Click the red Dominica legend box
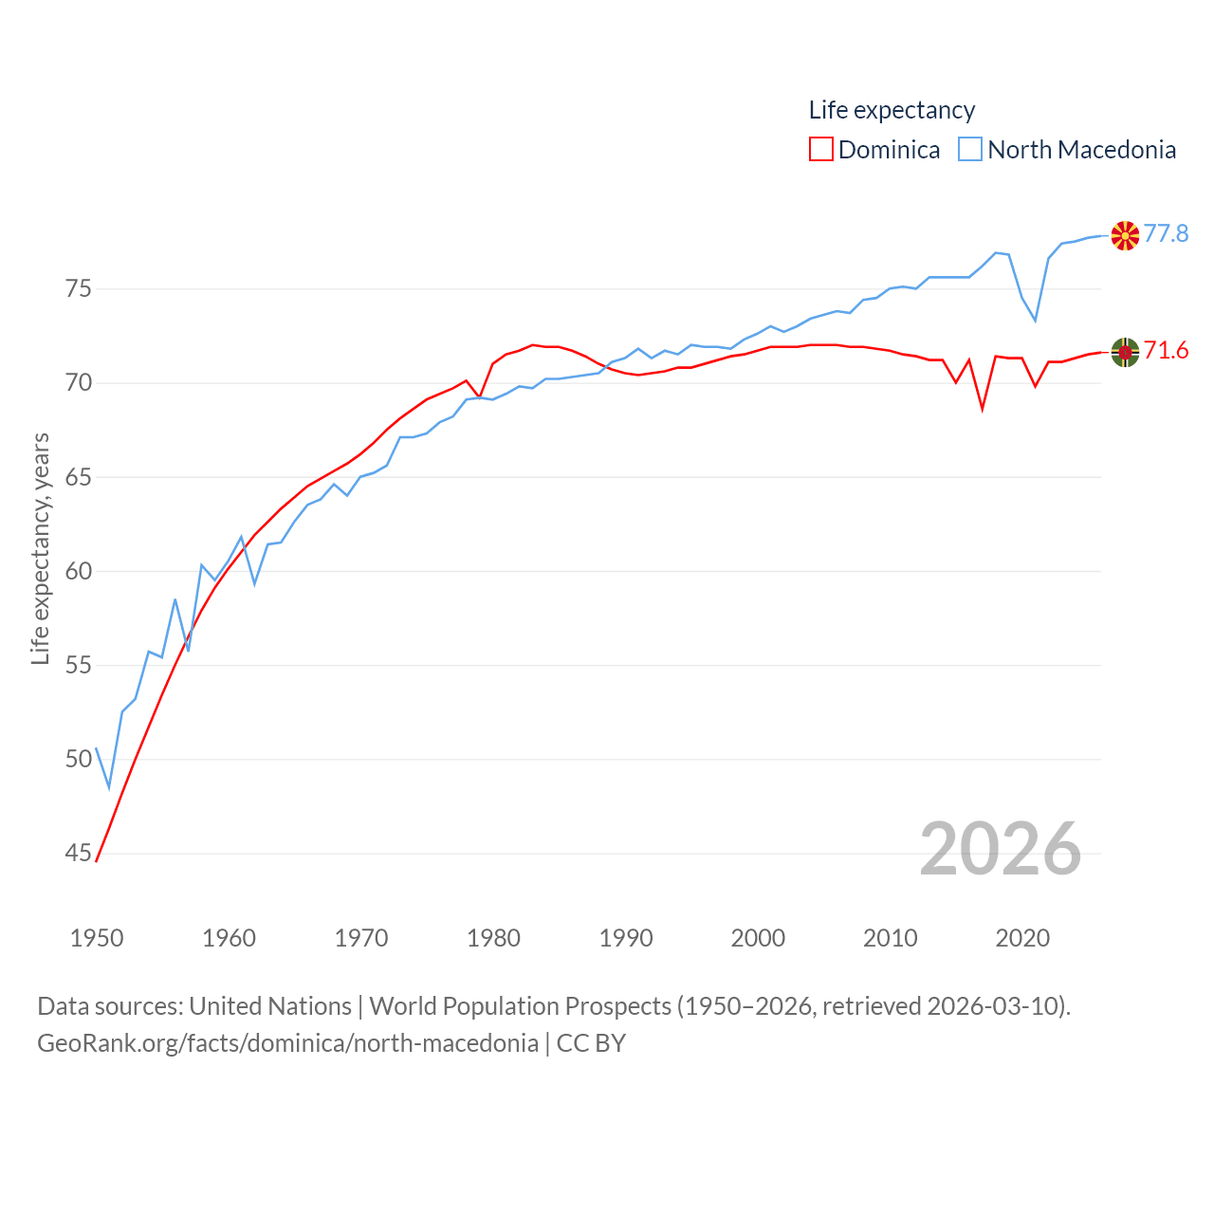pos(820,150)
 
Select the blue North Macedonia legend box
pos(969,150)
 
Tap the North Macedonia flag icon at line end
pos(1125,235)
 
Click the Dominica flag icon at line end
pos(1125,352)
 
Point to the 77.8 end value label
pos(1166,233)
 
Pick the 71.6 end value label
pos(1166,351)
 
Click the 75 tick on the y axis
pos(79,288)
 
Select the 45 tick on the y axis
pos(79,854)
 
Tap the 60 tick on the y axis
pos(79,571)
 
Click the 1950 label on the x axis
pos(97,939)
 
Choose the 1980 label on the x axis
pos(493,939)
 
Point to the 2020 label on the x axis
pos(1022,939)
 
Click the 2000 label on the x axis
pos(758,939)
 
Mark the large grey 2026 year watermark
pos(1000,848)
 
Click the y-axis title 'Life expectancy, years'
pos(41,548)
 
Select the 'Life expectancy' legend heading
pos(892,110)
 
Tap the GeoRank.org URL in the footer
pos(287,1043)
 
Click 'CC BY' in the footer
pos(591,1043)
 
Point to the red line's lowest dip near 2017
pos(983,408)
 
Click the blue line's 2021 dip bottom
pos(1036,320)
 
